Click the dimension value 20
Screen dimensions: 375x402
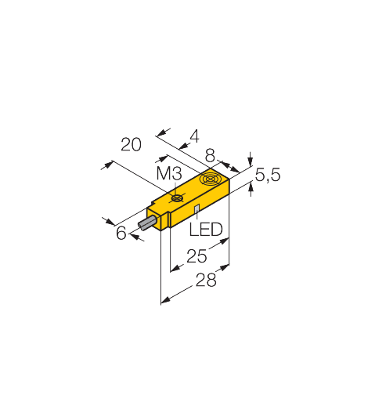click(x=131, y=144)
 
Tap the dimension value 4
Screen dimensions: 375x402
click(x=194, y=136)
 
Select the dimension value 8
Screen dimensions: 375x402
click(x=210, y=156)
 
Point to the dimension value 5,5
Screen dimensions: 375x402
click(x=267, y=175)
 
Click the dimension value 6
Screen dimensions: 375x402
click(x=121, y=233)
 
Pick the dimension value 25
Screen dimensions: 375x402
click(x=197, y=256)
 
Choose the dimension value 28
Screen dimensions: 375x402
click(x=206, y=280)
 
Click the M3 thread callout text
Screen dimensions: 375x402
click(x=169, y=173)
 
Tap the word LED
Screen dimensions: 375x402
click(x=206, y=230)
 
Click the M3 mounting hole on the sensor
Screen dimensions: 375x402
click(x=177, y=198)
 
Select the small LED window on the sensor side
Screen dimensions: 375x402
click(x=197, y=208)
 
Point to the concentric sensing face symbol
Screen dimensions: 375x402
click(x=210, y=179)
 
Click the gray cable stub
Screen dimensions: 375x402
click(x=148, y=223)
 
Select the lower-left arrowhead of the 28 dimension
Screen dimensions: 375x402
click(x=166, y=300)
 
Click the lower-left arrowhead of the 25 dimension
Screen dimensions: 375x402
click(x=175, y=268)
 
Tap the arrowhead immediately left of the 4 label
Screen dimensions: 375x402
click(x=185, y=145)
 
